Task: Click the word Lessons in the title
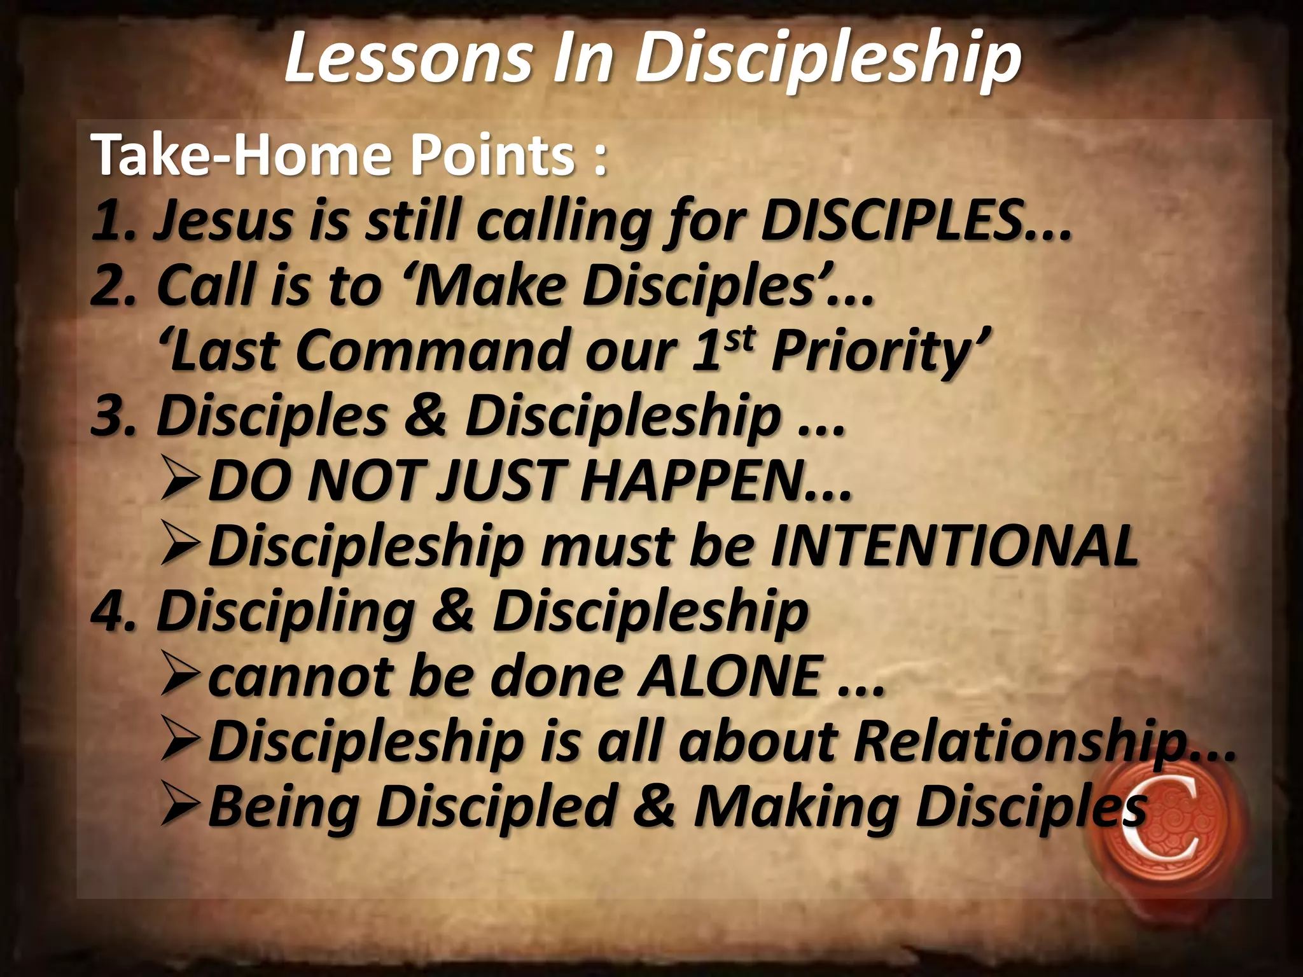pos(408,59)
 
